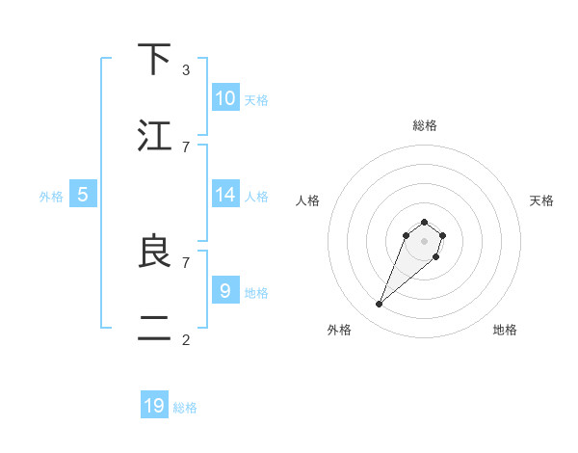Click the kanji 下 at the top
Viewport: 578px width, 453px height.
click(x=155, y=61)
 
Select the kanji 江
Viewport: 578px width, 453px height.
click(x=155, y=136)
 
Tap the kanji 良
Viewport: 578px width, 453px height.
click(x=155, y=252)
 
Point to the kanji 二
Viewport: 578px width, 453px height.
click(x=155, y=328)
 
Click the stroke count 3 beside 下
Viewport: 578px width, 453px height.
click(x=186, y=70)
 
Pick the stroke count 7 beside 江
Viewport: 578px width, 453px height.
click(x=186, y=147)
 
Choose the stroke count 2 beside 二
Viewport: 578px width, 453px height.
click(x=186, y=339)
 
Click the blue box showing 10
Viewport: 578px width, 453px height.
click(x=225, y=98)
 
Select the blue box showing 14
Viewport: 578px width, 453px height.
click(x=225, y=195)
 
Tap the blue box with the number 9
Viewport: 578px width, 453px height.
click(x=225, y=290)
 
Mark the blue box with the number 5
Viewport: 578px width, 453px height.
click(x=83, y=195)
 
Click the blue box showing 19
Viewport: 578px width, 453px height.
click(x=154, y=406)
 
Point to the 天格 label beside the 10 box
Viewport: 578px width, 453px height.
click(x=256, y=100)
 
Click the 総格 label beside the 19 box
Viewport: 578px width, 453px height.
click(x=186, y=408)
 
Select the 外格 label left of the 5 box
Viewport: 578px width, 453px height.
click(x=51, y=197)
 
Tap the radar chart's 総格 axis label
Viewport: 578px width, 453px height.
click(x=425, y=125)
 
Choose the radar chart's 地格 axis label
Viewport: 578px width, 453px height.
click(x=505, y=330)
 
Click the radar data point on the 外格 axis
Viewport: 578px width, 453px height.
click(x=380, y=305)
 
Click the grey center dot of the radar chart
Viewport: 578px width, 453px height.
click(x=425, y=241)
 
